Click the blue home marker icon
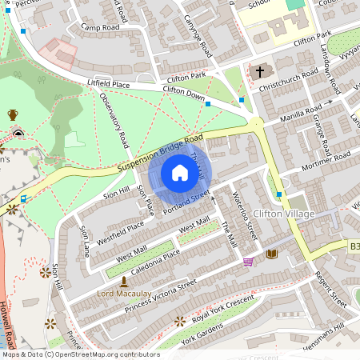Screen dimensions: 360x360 click(180, 174)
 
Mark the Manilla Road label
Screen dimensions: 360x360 click(300, 113)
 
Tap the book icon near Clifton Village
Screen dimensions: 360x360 click(271, 254)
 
